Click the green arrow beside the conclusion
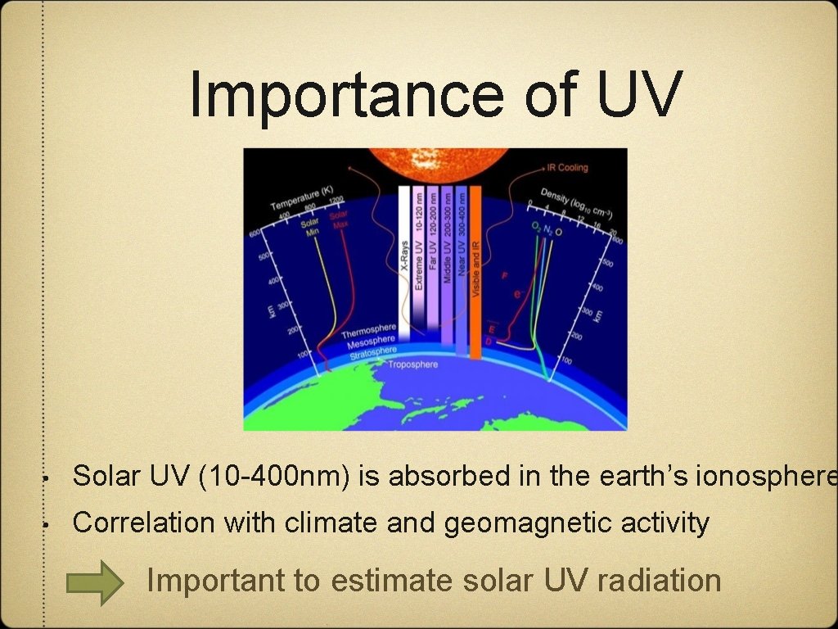pyautogui.click(x=93, y=581)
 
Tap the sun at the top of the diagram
pyautogui.click(x=435, y=162)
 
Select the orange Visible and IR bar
pyautogui.click(x=475, y=270)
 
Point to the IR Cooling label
pyautogui.click(x=567, y=168)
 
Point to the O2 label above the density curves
pyautogui.click(x=536, y=226)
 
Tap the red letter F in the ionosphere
pyautogui.click(x=504, y=276)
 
